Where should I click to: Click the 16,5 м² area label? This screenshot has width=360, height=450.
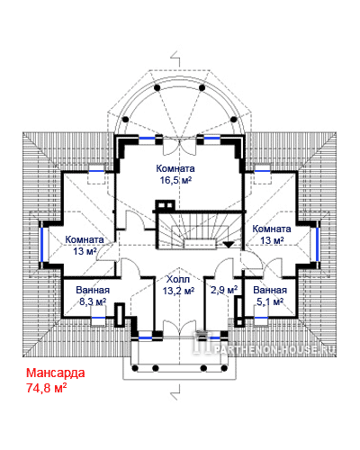175,181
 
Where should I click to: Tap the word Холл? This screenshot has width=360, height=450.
178,280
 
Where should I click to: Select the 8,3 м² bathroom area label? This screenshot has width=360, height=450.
93,301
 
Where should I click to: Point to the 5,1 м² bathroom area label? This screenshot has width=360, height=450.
270,301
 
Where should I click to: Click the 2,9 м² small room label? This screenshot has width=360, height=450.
224,290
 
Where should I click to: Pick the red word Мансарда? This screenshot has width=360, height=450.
56,373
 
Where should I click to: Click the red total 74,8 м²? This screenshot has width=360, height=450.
47,388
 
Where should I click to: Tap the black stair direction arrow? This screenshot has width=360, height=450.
229,245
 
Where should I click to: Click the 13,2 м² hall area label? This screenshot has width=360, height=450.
178,291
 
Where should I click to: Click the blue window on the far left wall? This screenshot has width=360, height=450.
42,245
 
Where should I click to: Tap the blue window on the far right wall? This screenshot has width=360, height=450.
317,245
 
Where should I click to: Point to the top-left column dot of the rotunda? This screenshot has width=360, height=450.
157,88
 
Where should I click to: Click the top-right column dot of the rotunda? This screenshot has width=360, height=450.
202,88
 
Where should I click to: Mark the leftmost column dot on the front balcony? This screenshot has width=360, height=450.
135,368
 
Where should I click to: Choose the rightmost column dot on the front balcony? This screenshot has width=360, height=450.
224,368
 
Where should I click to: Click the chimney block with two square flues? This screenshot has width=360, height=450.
165,205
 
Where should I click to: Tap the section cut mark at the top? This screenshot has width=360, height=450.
175,58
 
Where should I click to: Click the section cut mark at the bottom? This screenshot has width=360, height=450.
175,391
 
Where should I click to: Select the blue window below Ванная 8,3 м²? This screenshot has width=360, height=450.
98,317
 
